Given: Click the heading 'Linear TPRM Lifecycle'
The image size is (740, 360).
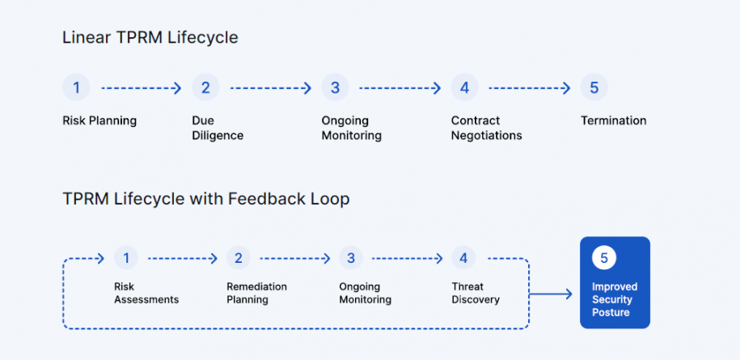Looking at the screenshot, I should point(150,38).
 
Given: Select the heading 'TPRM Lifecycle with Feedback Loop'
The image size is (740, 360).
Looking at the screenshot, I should point(206,199).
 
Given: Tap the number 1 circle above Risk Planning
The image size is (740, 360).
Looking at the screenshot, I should point(76,87).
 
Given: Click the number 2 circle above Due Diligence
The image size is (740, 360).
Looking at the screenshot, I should point(205,87).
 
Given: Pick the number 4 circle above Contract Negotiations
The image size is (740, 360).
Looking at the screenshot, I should point(464,87).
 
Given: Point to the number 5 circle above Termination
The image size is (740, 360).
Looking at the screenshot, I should point(594,87).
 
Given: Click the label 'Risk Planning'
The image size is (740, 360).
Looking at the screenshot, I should point(99,121).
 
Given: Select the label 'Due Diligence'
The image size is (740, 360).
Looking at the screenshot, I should point(218,128).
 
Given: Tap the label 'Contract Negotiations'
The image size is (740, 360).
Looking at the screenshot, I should point(486,128).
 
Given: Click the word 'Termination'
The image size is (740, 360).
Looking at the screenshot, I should point(613,121).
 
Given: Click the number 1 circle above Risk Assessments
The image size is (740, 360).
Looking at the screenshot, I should point(126,258).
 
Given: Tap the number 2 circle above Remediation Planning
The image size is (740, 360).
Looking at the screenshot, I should point(238,258).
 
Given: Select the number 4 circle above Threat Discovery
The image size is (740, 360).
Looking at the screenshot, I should point(463,258).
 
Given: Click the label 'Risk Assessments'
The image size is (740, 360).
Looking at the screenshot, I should point(146,293).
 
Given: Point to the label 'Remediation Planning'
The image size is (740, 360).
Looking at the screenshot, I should point(256,293).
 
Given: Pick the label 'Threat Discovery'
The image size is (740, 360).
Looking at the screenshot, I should point(476,293).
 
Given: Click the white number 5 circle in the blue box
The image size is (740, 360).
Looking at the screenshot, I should point(603,258).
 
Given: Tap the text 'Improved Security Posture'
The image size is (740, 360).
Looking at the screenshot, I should point(615,299).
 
